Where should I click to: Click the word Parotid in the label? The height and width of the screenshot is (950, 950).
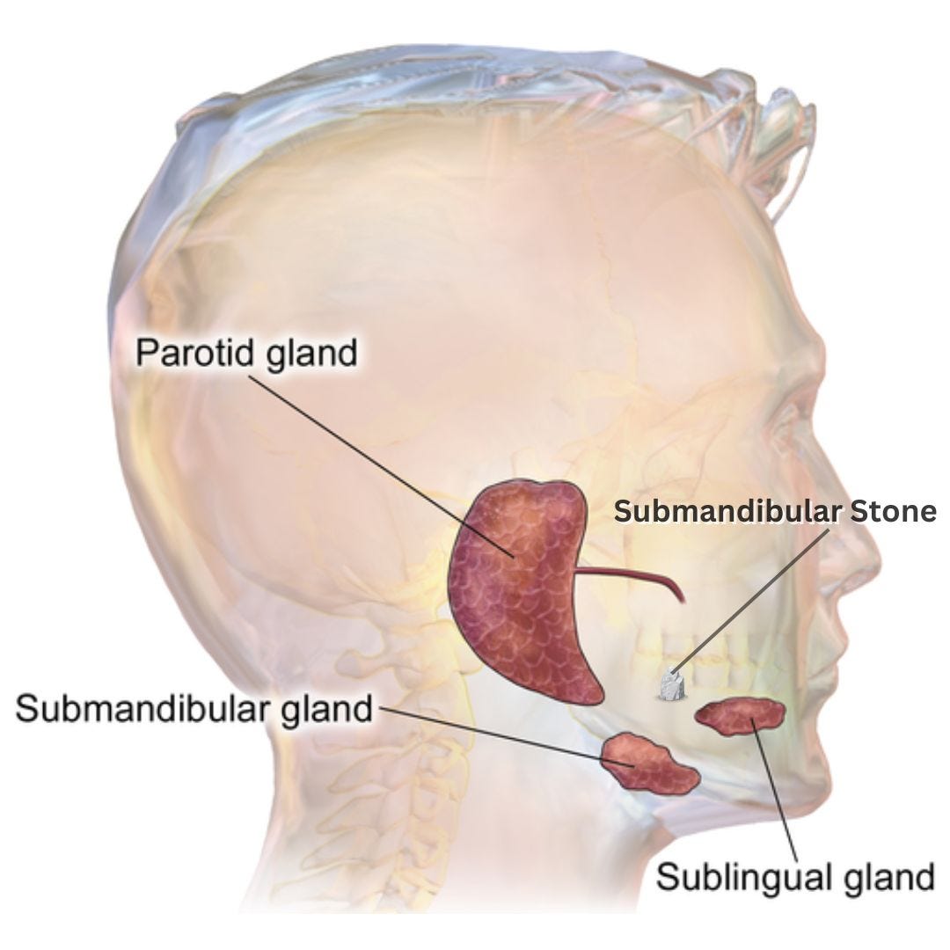tap(188, 354)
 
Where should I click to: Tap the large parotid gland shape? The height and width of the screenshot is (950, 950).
tap(519, 589)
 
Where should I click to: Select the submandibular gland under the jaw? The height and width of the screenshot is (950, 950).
tap(649, 761)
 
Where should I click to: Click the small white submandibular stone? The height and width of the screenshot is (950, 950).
tap(672, 686)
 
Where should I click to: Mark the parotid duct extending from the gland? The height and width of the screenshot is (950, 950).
tap(629, 579)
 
